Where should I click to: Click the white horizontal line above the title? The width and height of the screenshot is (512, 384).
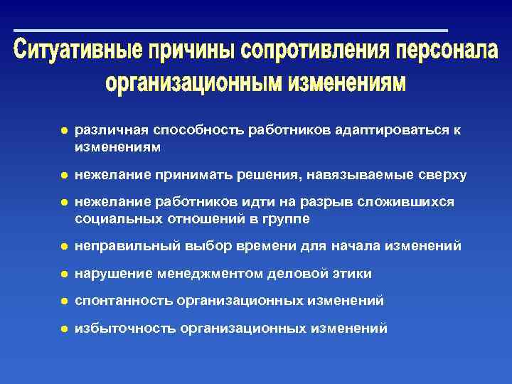point(230,31)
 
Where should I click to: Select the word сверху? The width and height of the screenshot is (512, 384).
point(441,175)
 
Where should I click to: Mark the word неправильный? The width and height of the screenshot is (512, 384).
point(125,246)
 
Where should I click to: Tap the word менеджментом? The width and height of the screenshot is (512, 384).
point(206,274)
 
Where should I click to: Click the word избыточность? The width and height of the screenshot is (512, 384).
point(124,328)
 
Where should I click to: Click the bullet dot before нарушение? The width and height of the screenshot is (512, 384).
point(63,274)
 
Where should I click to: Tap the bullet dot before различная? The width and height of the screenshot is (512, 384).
point(63,131)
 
